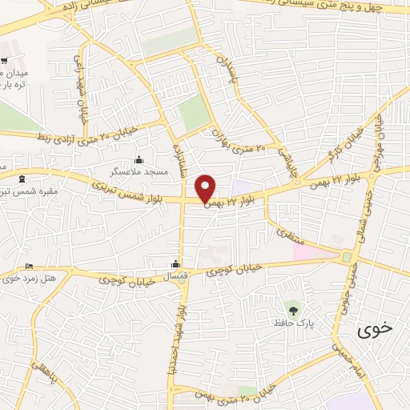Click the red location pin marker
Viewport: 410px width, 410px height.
point(206,188)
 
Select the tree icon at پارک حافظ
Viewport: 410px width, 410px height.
point(292,308)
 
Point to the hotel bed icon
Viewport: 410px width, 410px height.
point(30,266)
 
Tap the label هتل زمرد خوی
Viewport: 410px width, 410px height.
point(32,278)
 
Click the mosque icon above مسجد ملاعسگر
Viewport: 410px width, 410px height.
point(139,159)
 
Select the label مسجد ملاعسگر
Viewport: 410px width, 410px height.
point(139,171)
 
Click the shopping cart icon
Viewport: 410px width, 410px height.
point(5,62)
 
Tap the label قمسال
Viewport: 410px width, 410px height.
point(175,276)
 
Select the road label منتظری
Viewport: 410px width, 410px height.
point(286,235)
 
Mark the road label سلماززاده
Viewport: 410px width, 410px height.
point(180,156)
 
